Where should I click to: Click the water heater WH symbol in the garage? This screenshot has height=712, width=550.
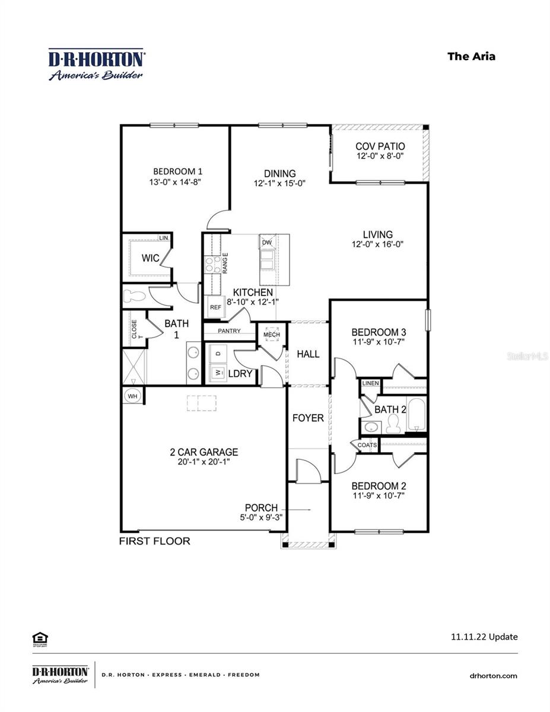tap(132, 396)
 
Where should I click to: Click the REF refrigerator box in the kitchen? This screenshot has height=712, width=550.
tap(214, 307)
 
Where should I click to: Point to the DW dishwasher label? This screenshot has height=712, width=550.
tap(267, 243)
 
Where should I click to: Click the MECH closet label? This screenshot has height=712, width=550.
tap(271, 335)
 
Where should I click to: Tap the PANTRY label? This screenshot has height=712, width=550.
tap(229, 330)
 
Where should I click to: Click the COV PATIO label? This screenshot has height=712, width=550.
tap(380, 147)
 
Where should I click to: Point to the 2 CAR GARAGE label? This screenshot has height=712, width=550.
tap(204, 452)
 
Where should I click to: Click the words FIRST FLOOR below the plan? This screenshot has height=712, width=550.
tap(155, 541)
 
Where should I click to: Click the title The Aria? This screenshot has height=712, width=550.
tap(471, 56)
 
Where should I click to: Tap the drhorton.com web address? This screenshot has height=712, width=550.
tap(493, 675)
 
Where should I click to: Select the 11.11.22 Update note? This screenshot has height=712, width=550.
tap(484, 637)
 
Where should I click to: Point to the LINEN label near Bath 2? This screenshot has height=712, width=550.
tap(370, 383)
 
